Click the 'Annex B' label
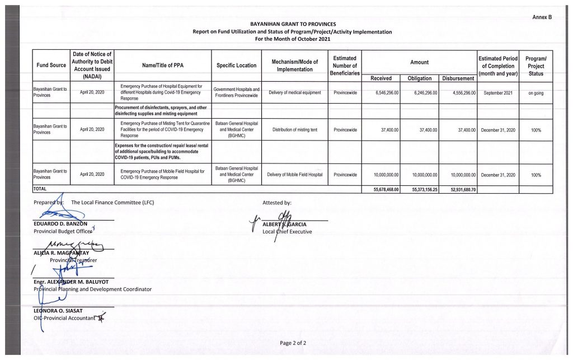tap(542, 17)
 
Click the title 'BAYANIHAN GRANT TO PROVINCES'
tap(293, 25)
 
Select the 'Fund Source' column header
tap(51, 66)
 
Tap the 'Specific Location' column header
tap(237, 66)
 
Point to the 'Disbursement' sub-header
tap(458, 78)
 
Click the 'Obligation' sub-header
tap(420, 78)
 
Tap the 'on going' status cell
tap(536, 93)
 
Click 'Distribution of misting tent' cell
tap(295, 129)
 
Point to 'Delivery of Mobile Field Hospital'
tap(295, 175)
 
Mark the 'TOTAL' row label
tap(40, 190)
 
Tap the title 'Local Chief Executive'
tap(287, 232)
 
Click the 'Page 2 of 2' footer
tap(293, 342)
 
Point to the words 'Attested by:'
tap(277, 203)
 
